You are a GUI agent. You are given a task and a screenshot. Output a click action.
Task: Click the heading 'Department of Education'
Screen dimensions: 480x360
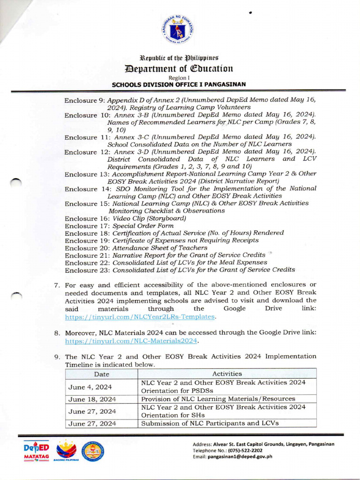click(179, 68)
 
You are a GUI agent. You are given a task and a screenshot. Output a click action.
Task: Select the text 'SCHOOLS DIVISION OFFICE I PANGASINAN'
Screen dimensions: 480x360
click(179, 84)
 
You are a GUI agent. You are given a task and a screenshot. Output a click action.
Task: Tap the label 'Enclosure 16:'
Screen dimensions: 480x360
click(87, 218)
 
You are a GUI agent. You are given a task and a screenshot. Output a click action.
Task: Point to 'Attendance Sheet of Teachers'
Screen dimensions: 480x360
click(159, 247)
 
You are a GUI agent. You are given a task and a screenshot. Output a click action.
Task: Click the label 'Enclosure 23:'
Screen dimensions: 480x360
click(87, 270)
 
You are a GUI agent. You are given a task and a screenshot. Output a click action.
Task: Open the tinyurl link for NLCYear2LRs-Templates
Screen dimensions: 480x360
click(140, 317)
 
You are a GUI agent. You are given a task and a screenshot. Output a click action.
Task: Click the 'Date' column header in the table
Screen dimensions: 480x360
click(101, 374)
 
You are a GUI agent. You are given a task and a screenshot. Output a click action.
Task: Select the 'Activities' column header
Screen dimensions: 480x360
click(227, 374)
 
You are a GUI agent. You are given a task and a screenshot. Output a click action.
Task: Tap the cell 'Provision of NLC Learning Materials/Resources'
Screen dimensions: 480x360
click(218, 399)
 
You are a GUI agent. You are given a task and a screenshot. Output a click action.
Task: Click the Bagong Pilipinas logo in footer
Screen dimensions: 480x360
click(66, 452)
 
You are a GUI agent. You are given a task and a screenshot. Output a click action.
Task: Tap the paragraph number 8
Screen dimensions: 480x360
click(56, 332)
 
